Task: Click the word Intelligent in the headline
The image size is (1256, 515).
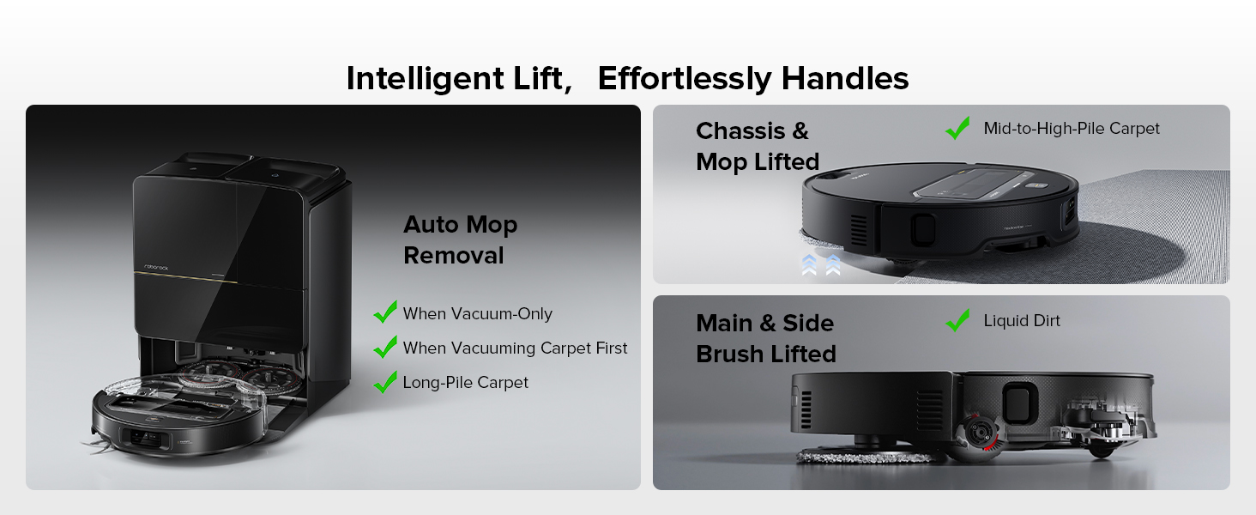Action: [x=425, y=78]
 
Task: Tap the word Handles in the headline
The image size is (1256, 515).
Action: [x=845, y=78]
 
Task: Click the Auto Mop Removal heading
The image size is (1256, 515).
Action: [x=461, y=239]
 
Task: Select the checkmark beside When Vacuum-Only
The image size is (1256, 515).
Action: [x=385, y=312]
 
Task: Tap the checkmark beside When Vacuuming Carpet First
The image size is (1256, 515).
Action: [x=385, y=347]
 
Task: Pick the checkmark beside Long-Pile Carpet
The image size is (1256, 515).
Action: [x=385, y=382]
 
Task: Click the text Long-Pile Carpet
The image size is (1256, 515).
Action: [x=465, y=383]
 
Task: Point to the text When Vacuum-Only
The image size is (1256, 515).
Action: [x=478, y=313]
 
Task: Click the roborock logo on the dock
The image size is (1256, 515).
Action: [x=156, y=268]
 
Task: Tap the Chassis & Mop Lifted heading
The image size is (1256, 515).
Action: [x=758, y=147]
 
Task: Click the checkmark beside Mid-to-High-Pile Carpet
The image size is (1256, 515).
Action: [x=957, y=128]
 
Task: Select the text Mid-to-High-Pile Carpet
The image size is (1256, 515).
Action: [x=1072, y=129]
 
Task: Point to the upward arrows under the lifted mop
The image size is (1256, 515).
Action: [x=821, y=264]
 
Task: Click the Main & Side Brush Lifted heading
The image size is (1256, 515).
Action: [x=766, y=338]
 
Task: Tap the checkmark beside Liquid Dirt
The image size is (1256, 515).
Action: [x=957, y=320]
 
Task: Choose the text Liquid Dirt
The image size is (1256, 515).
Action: [x=1022, y=321]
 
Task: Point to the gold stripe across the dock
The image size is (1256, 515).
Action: [x=185, y=277]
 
